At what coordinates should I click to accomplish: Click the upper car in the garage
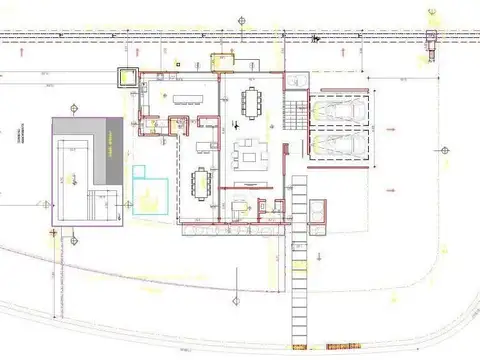tap(338, 109)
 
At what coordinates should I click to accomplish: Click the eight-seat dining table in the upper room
tap(250, 101)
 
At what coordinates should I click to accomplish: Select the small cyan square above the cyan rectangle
tap(137, 169)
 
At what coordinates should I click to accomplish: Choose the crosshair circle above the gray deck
tap(72, 103)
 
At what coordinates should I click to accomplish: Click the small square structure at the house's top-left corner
tap(129, 76)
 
